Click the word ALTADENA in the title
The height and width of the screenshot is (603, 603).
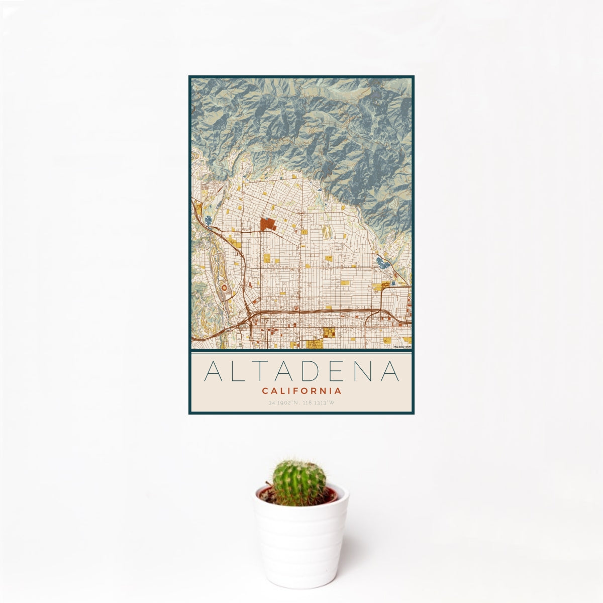point(301,371)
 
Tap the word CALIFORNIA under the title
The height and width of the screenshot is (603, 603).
point(301,390)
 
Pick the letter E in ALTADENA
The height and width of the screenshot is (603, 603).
point(339,371)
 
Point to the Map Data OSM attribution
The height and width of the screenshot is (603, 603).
point(403,346)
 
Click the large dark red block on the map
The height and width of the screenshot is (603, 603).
point(267,224)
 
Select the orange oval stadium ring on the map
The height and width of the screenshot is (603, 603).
point(224,288)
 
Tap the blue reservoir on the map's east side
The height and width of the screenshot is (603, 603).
point(382,261)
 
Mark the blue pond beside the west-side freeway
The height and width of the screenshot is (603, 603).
point(209,220)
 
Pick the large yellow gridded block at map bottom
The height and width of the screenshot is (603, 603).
point(329,333)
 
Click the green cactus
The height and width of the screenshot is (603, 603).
point(299,482)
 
